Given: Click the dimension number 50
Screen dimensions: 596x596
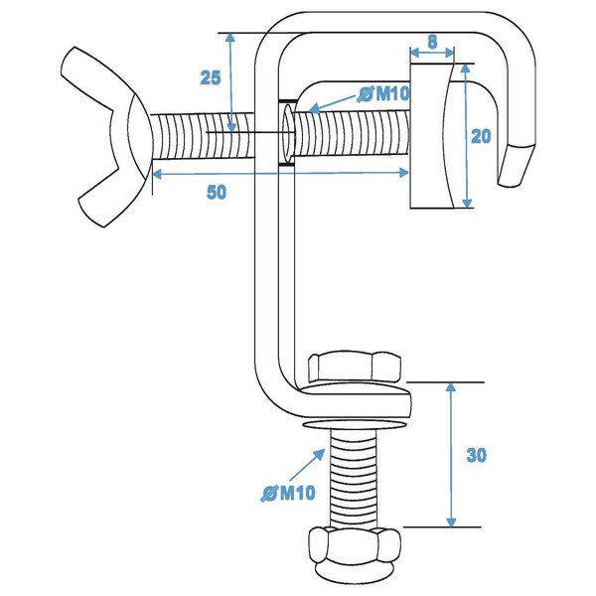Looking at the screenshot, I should pyautogui.click(x=216, y=192).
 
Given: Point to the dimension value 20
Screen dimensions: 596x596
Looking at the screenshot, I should pyautogui.click(x=482, y=136).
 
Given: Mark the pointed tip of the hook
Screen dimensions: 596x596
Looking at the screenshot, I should pyautogui.click(x=514, y=169).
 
